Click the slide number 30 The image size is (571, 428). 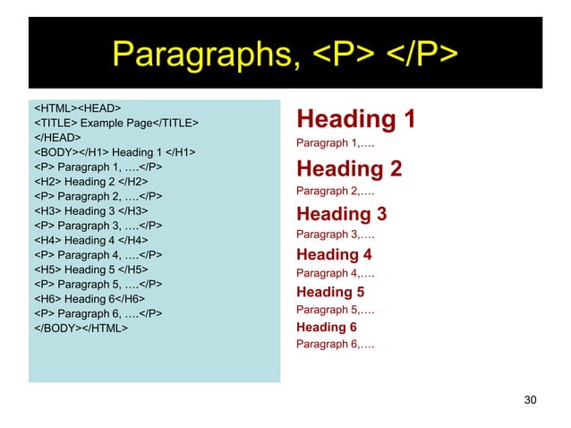530,399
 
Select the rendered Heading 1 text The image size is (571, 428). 355,119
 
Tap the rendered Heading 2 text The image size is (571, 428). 349,169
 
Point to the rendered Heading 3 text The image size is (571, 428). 341,214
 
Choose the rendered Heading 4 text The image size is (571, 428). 334,254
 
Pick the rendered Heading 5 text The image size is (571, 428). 330,292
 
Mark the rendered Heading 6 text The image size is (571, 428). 327,328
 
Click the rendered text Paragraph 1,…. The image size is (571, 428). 336,143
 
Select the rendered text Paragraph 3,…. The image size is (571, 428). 336,235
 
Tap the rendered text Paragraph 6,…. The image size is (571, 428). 336,345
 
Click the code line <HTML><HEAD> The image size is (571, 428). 78,108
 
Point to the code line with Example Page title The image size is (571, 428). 116,123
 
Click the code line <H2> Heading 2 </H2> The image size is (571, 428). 90,181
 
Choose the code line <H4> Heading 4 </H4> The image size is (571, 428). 90,240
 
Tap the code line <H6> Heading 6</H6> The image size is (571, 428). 89,298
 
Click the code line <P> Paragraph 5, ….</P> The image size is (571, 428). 98,284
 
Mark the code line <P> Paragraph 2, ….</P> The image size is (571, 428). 98,196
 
